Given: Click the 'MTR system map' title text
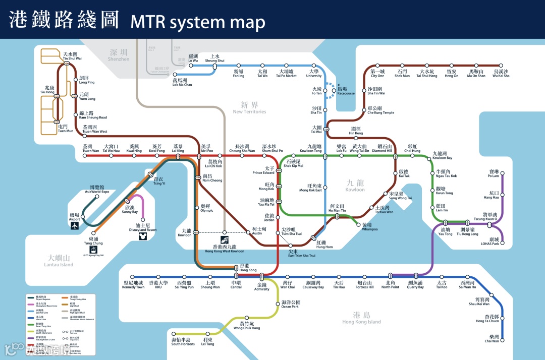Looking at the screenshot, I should coord(198,22).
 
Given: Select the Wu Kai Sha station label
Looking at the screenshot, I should coord(501,74).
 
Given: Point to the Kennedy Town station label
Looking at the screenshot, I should coord(134,285).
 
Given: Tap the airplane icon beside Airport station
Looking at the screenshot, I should coord(75,225).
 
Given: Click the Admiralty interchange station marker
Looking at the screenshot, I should coord(262,276).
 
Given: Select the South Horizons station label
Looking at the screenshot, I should coord(183,342).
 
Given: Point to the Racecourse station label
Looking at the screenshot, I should coord(346,91).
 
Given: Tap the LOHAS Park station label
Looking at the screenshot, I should coord(489,242).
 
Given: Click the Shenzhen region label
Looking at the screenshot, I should coord(119,55).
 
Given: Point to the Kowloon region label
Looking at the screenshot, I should coord(355,186).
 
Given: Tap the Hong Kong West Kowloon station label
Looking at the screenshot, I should coord(224,249).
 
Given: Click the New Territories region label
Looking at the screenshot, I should coord(249,108).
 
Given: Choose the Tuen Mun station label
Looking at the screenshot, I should coord(66,129).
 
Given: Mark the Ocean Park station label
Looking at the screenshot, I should coord(290,304).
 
